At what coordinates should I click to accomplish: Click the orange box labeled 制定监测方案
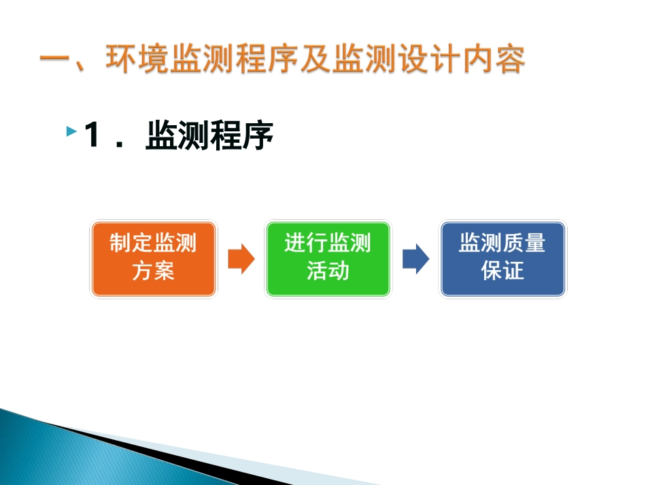pyautogui.click(x=153, y=258)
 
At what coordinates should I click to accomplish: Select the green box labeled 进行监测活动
pyautogui.click(x=328, y=258)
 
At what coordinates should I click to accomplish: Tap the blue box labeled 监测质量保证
pyautogui.click(x=503, y=258)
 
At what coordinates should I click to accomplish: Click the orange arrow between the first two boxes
pyautogui.click(x=241, y=258)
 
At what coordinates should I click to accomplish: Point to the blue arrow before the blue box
pyautogui.click(x=416, y=258)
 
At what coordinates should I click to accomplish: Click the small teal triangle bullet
pyautogui.click(x=71, y=131)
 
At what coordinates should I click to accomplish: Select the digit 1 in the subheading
pyautogui.click(x=92, y=134)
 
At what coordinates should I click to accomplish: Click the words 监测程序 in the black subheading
pyautogui.click(x=209, y=135)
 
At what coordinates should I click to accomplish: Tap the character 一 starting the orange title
pyautogui.click(x=54, y=59)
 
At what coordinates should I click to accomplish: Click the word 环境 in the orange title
pyautogui.click(x=137, y=58)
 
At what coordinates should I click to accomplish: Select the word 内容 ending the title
pyautogui.click(x=494, y=58)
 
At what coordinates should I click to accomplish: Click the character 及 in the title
pyautogui.click(x=316, y=58)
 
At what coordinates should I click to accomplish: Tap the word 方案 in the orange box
pyautogui.click(x=153, y=271)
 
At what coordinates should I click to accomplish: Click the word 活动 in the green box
pyautogui.click(x=328, y=271)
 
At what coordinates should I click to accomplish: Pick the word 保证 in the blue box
pyautogui.click(x=503, y=271)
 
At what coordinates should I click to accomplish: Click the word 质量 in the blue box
pyautogui.click(x=524, y=242)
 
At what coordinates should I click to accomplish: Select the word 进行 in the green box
pyautogui.click(x=306, y=242)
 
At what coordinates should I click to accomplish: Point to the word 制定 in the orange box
pyautogui.click(x=131, y=242)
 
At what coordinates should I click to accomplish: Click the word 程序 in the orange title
pyautogui.click(x=267, y=58)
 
